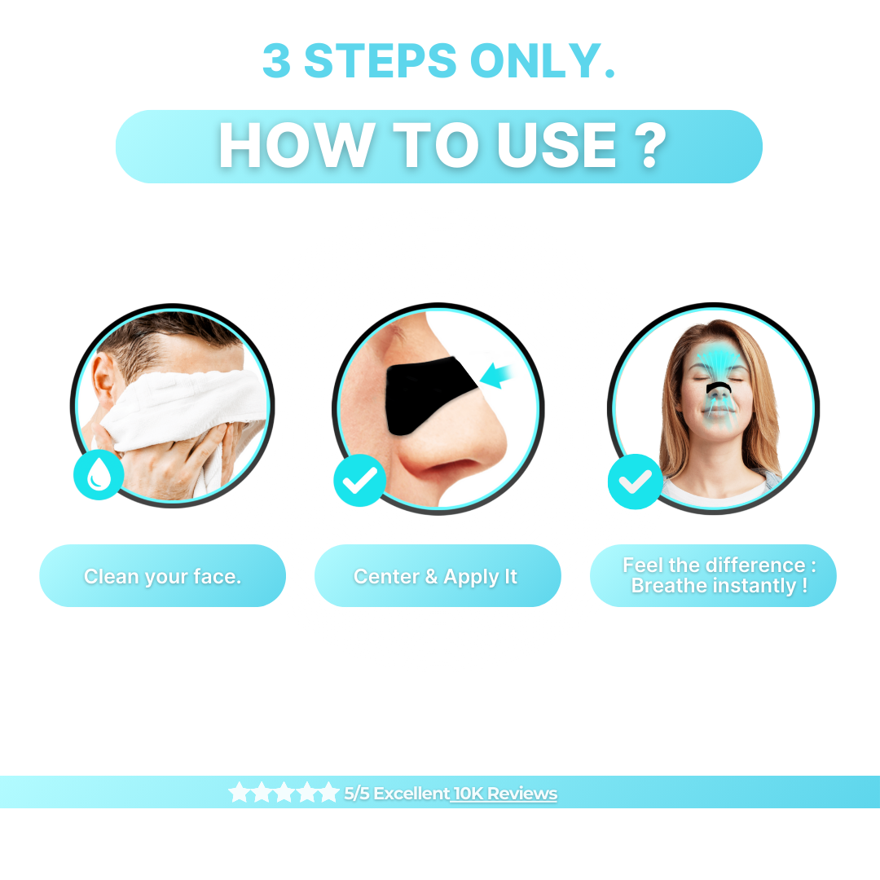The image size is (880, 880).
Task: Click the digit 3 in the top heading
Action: tap(277, 60)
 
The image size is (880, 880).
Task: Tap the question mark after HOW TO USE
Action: tap(650, 146)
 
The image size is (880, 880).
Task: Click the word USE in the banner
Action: tap(557, 146)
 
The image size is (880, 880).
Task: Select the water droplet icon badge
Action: tap(99, 474)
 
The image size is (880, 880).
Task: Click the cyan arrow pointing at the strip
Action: tap(497, 375)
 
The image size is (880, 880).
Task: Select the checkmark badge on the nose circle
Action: tap(360, 481)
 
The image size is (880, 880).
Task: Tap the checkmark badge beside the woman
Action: tap(635, 482)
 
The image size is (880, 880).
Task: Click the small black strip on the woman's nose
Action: tap(719, 388)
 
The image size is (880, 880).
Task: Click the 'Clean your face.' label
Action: tap(163, 576)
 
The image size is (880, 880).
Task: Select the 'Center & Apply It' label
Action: tap(435, 576)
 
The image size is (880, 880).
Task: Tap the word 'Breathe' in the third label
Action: tap(669, 586)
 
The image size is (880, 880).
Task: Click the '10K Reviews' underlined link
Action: tap(505, 794)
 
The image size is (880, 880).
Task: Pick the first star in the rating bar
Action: tap(239, 793)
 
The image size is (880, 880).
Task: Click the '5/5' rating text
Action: tap(356, 794)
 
